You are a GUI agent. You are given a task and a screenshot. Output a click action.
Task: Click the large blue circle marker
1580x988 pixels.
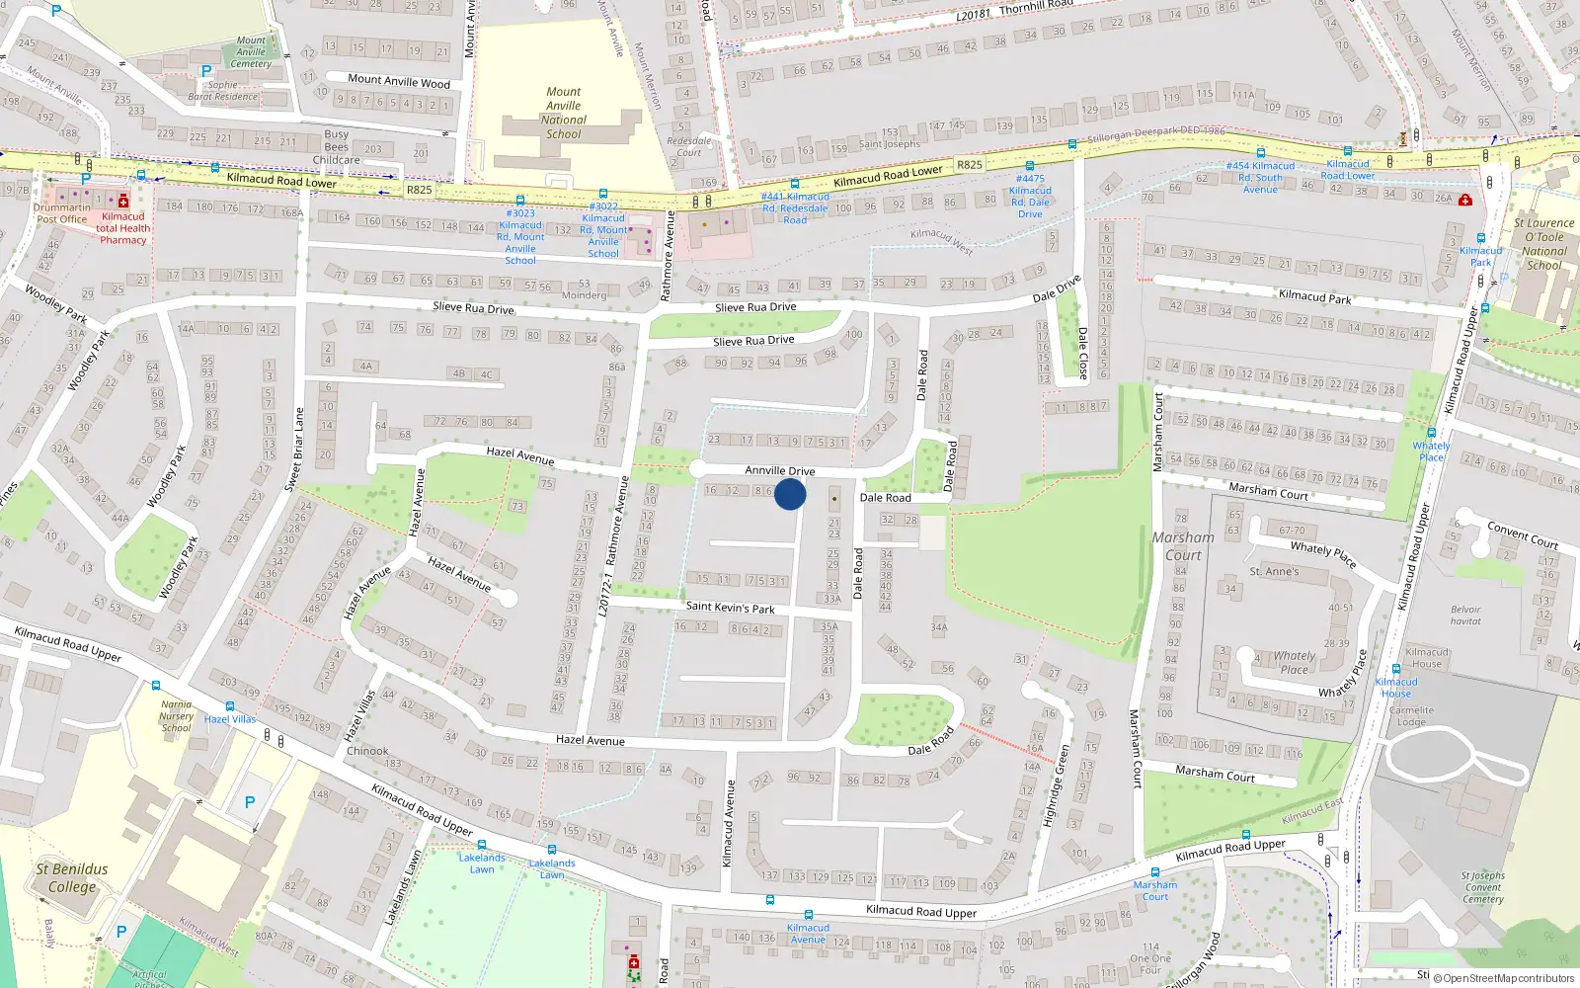[x=790, y=494]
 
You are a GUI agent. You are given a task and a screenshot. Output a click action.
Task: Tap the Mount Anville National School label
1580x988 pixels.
[x=564, y=113]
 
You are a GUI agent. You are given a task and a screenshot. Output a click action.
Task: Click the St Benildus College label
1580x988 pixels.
[x=72, y=877]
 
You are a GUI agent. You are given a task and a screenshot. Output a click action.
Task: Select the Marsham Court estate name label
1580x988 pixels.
[x=1183, y=546]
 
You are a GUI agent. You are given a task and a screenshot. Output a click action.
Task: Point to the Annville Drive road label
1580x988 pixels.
[x=780, y=471]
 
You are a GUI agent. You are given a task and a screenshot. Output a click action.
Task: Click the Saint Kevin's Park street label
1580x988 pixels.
[x=730, y=608]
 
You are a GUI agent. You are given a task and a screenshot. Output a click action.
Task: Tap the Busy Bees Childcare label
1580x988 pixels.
[x=336, y=147]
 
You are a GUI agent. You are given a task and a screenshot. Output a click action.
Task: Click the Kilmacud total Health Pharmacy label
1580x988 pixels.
[x=122, y=228]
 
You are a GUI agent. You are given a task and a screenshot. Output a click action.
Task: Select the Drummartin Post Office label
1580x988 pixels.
[x=61, y=213]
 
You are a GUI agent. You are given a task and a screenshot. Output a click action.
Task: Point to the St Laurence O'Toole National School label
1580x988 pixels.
[x=1543, y=244]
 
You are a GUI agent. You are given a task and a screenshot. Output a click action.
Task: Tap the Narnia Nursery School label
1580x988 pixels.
[x=176, y=716]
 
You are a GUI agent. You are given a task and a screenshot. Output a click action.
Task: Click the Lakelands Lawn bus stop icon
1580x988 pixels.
[x=482, y=845]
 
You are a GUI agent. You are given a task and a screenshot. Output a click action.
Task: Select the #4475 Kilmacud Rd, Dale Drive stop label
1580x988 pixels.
[x=1030, y=197]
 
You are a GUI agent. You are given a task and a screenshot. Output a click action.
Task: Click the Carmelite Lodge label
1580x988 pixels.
[x=1411, y=715]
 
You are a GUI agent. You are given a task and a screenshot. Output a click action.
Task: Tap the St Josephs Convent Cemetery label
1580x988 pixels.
[x=1482, y=887]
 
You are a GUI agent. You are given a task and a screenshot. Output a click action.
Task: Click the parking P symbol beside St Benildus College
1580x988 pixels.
[x=250, y=802]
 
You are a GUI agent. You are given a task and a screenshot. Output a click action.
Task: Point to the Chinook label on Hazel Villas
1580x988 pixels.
[x=367, y=751]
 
